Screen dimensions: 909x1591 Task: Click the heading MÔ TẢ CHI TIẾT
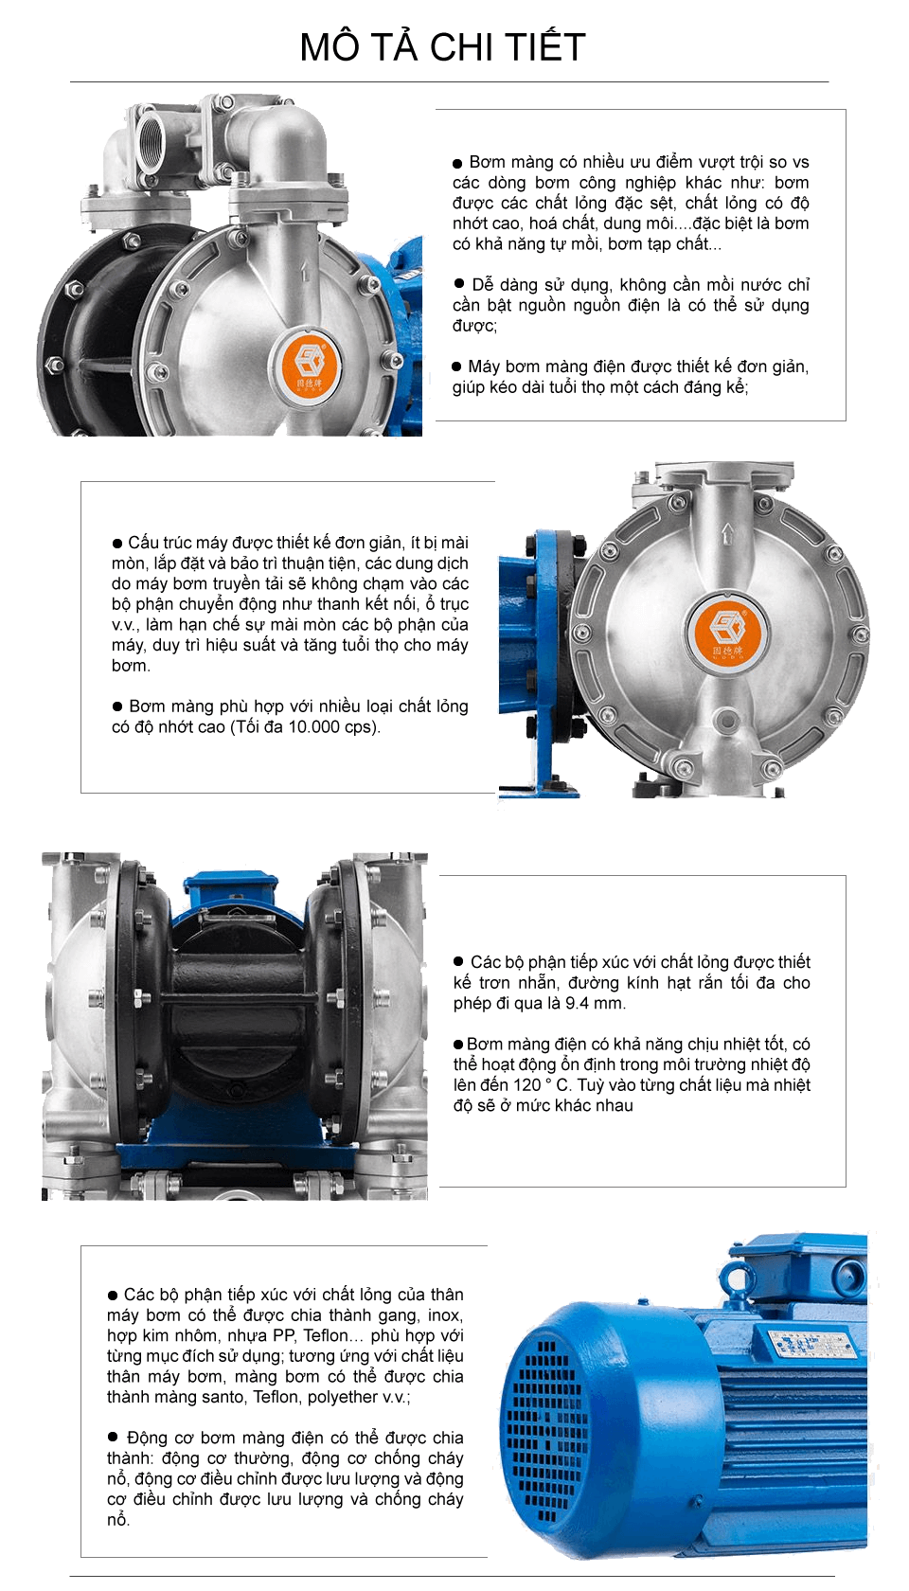442,47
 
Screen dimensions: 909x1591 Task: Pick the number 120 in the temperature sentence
526,1084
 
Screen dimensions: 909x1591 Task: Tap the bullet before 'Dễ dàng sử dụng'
458,284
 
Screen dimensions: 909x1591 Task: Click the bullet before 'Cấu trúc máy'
117,544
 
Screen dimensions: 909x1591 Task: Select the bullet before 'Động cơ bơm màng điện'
113,1437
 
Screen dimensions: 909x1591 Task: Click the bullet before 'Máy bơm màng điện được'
456,366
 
